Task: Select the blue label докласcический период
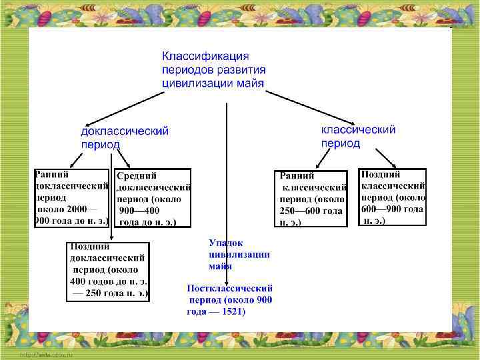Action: (124, 138)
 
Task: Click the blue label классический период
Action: (358, 136)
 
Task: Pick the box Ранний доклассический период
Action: (71, 198)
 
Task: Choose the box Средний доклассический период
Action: (153, 198)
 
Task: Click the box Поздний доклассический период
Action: (108, 270)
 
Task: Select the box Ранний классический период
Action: (311, 198)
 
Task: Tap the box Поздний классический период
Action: (392, 197)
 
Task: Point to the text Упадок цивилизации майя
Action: (239, 254)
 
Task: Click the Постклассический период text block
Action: (230, 300)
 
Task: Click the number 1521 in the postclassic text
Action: (233, 311)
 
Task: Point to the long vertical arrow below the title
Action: (227, 187)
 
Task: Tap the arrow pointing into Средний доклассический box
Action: (123, 160)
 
